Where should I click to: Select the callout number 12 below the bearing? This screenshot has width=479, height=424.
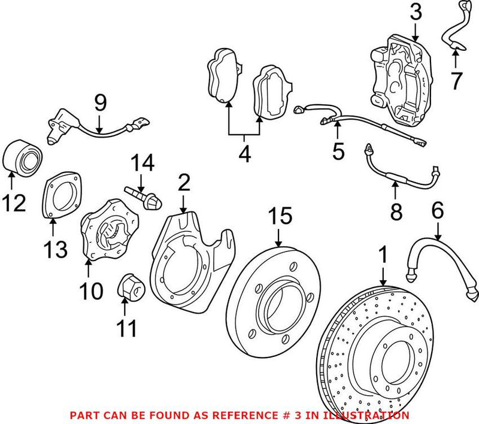tap(13, 203)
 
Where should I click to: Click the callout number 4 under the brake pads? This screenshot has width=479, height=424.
tap(244, 155)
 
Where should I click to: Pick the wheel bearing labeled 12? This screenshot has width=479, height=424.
tap(23, 155)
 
